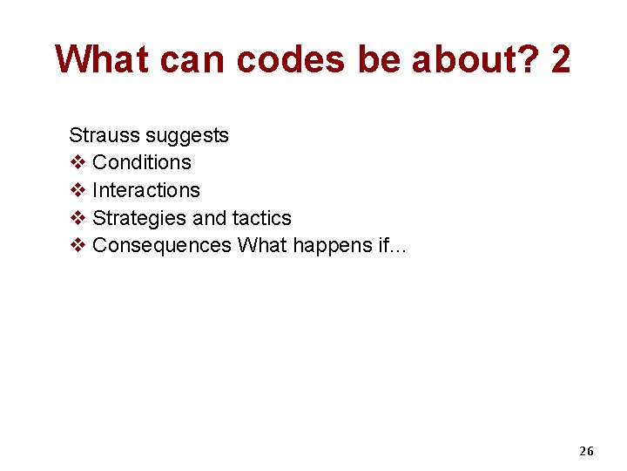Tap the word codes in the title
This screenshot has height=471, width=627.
290,59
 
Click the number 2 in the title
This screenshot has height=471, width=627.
561,59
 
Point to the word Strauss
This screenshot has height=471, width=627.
104,135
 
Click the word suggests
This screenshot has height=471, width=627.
187,135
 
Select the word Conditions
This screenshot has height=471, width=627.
141,162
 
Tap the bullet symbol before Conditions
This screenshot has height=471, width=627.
77,162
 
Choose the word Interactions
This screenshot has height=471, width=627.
145,190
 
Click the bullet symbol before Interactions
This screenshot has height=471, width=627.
77,190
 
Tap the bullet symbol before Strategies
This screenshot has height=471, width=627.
77,218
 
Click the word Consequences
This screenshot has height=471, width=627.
161,246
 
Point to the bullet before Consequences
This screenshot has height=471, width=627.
77,246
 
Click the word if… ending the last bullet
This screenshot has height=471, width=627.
392,246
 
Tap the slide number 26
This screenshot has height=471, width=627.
586,451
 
